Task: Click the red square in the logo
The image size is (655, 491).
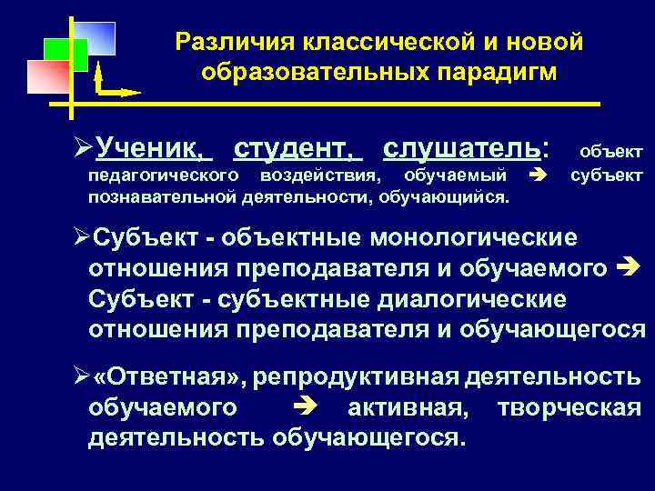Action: click(47, 76)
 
